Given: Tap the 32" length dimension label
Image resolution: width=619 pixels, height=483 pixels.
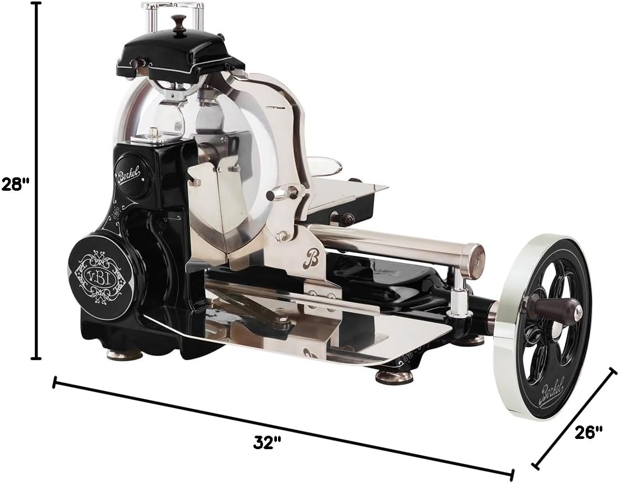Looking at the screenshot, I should (x=268, y=443).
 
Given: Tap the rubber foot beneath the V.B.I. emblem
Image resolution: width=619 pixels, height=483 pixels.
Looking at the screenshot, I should (x=123, y=354).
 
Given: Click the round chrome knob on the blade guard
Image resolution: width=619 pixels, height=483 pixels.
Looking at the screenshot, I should (x=279, y=193).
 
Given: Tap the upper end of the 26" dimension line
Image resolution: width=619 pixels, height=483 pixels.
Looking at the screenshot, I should (x=612, y=371).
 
